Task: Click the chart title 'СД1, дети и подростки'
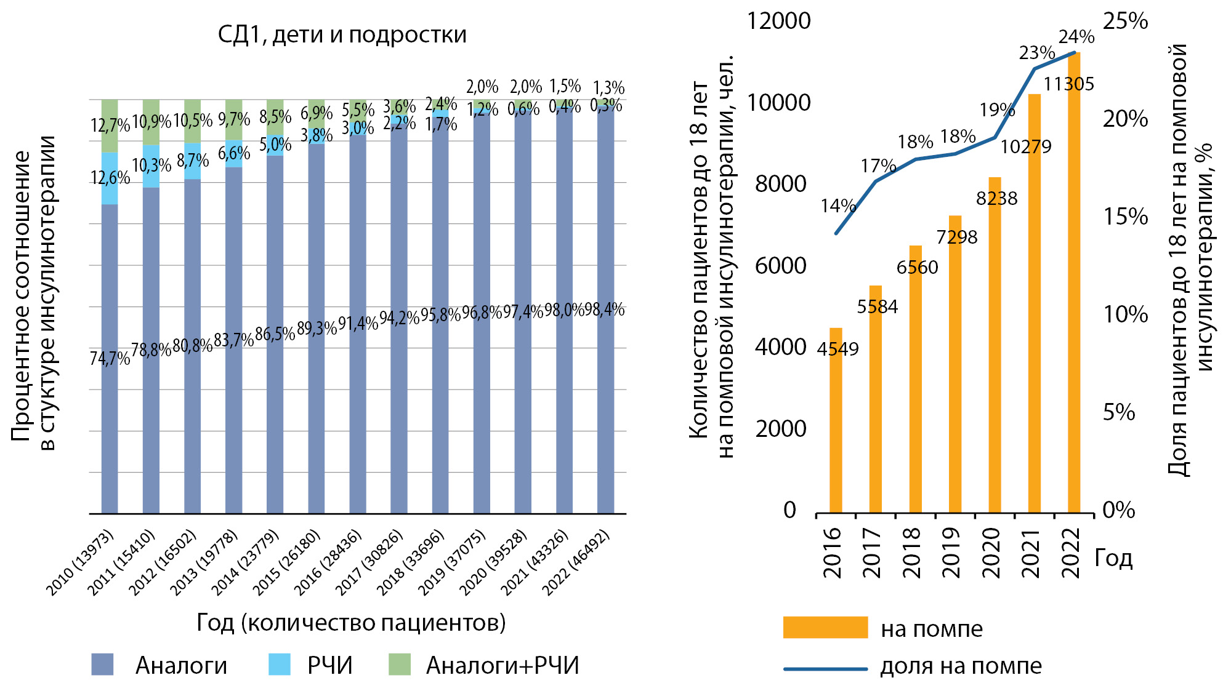click(x=342, y=34)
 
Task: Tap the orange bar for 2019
click(x=955, y=369)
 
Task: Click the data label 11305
click(x=1069, y=84)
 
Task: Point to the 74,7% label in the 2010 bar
click(x=110, y=358)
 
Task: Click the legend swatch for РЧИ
click(x=280, y=665)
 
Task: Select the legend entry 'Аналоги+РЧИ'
click(x=503, y=665)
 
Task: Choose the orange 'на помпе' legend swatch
click(x=825, y=628)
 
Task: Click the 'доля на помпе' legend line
click(x=825, y=668)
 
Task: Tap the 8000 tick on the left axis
click(x=780, y=184)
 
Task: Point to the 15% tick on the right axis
click(x=1125, y=217)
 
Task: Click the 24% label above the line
click(x=1076, y=38)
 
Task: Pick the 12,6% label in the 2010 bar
click(x=110, y=178)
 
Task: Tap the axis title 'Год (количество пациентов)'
click(x=351, y=623)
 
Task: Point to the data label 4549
click(x=838, y=349)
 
